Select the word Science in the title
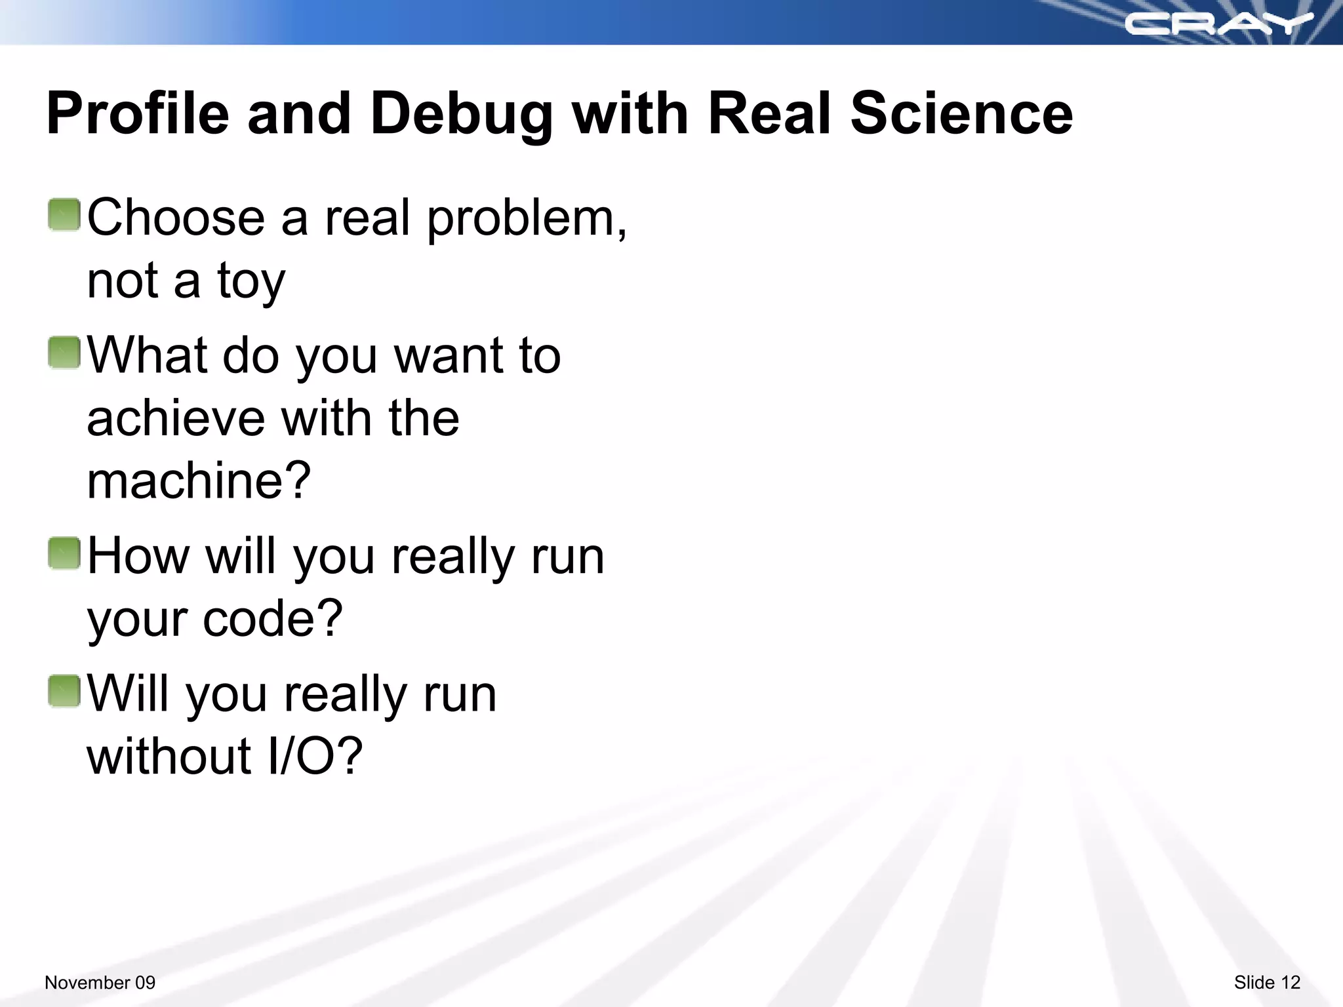pyautogui.click(x=961, y=114)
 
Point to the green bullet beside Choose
pyautogui.click(x=64, y=215)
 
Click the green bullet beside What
pyautogui.click(x=64, y=353)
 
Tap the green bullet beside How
pyautogui.click(x=64, y=553)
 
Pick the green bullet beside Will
pyautogui.click(x=64, y=692)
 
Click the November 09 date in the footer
pyautogui.click(x=100, y=982)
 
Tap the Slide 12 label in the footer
pyautogui.click(x=1267, y=982)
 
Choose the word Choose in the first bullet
pyautogui.click(x=176, y=218)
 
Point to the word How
pyautogui.click(x=138, y=556)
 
